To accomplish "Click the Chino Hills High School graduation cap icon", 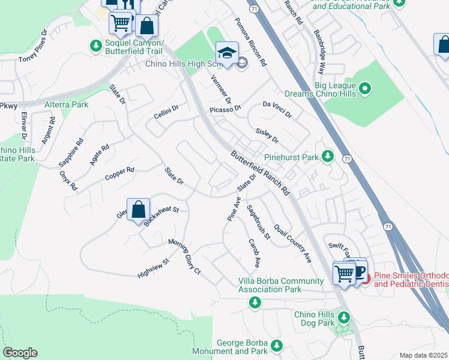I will (228, 53).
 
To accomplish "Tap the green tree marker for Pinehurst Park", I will (328, 157).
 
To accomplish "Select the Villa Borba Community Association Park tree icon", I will (255, 301).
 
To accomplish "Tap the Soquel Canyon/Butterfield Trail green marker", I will (95, 45).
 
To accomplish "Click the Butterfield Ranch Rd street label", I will (261, 173).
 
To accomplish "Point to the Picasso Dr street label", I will (225, 109).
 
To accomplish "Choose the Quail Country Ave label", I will (293, 244).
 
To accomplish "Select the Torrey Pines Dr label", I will (32, 46).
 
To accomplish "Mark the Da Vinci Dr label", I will (277, 109).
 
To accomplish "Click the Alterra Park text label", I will (67, 104).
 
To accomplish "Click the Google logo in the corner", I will (20, 353).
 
